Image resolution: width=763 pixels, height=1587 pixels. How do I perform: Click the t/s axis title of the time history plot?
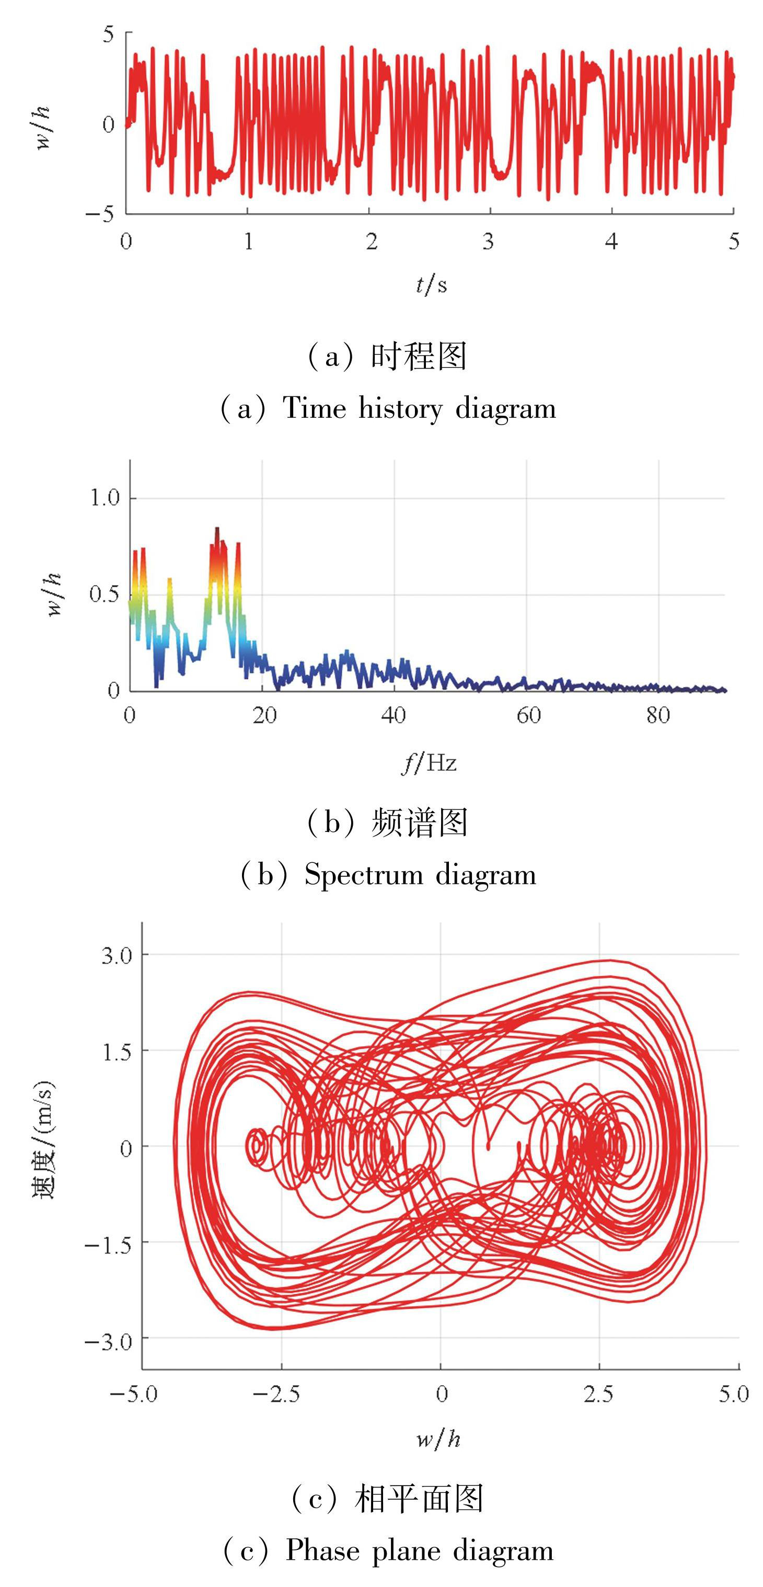(x=431, y=284)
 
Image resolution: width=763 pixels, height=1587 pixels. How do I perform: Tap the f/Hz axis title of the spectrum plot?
(x=429, y=763)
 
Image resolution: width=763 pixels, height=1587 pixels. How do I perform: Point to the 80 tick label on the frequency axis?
(x=657, y=715)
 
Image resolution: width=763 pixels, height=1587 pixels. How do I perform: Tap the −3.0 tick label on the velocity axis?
(x=108, y=1340)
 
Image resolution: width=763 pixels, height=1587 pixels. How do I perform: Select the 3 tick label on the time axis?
(x=488, y=242)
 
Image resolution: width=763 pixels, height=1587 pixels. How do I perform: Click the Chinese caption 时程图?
(x=419, y=357)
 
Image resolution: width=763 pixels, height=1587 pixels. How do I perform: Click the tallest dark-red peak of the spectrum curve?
(x=217, y=529)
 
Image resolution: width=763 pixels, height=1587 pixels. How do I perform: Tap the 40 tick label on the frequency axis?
(x=394, y=715)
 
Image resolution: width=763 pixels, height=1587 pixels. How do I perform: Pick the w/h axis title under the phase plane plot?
(x=438, y=1439)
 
